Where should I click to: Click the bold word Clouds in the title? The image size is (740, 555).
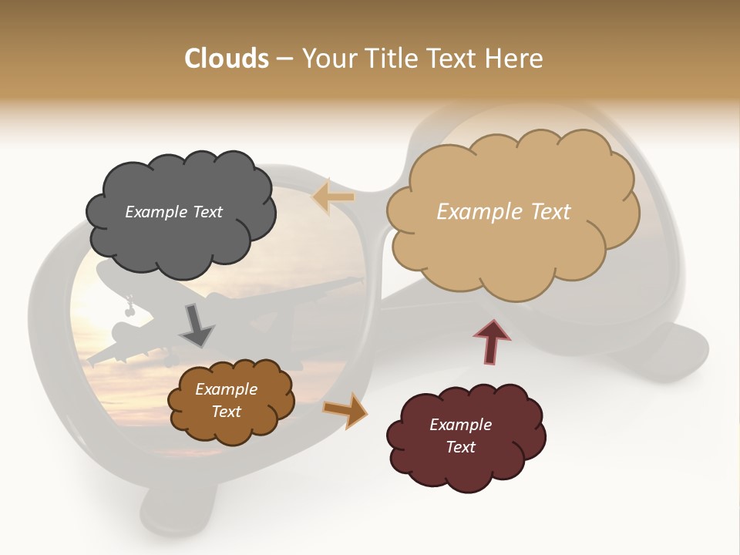click(227, 59)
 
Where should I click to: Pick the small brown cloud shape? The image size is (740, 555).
click(230, 428)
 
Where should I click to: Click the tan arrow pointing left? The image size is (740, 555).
click(334, 197)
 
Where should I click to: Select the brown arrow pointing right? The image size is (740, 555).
click(345, 409)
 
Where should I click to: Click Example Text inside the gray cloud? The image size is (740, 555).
click(173, 212)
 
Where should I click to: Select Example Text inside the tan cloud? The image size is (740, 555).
click(503, 212)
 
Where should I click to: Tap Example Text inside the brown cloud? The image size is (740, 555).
click(226, 400)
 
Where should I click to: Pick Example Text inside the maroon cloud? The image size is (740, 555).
click(460, 436)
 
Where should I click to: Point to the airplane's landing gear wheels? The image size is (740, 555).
click(129, 308)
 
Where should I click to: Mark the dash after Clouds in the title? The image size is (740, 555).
click(284, 59)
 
